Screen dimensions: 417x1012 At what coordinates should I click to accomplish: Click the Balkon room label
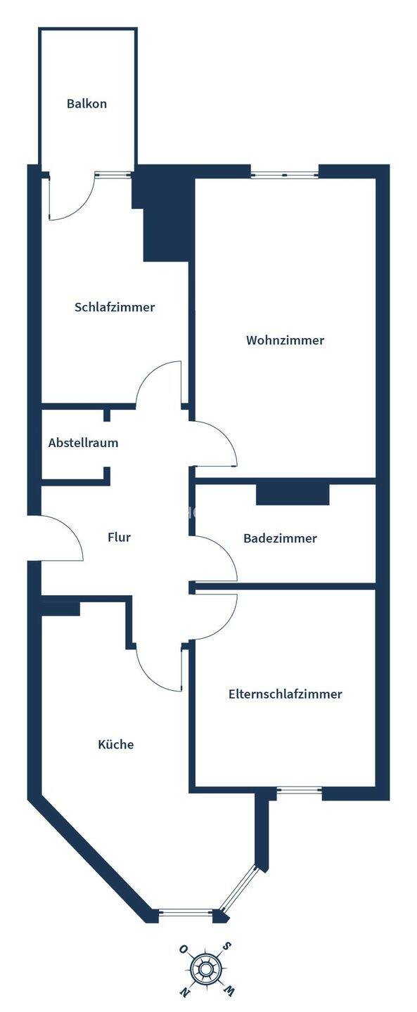pyautogui.click(x=86, y=103)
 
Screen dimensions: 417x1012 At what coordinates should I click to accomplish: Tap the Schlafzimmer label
pyautogui.click(x=115, y=307)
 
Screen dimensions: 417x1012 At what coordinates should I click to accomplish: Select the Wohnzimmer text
pyautogui.click(x=285, y=340)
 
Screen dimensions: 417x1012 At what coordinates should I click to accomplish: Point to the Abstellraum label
pyautogui.click(x=83, y=443)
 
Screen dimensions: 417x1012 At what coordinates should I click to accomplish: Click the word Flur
pyautogui.click(x=120, y=537)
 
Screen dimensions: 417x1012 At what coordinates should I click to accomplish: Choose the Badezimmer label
pyautogui.click(x=280, y=538)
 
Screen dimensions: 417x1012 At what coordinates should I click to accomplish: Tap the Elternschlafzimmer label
pyautogui.click(x=285, y=694)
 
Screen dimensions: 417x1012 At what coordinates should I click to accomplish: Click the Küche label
pyautogui.click(x=116, y=744)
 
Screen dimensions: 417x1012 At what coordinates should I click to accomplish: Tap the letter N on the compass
pyautogui.click(x=184, y=1003)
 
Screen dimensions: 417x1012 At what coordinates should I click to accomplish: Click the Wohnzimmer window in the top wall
pyautogui.click(x=285, y=175)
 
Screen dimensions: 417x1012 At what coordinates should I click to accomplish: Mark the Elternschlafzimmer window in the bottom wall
pyautogui.click(x=300, y=790)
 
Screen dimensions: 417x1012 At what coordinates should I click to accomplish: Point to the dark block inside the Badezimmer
pyautogui.click(x=293, y=494)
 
